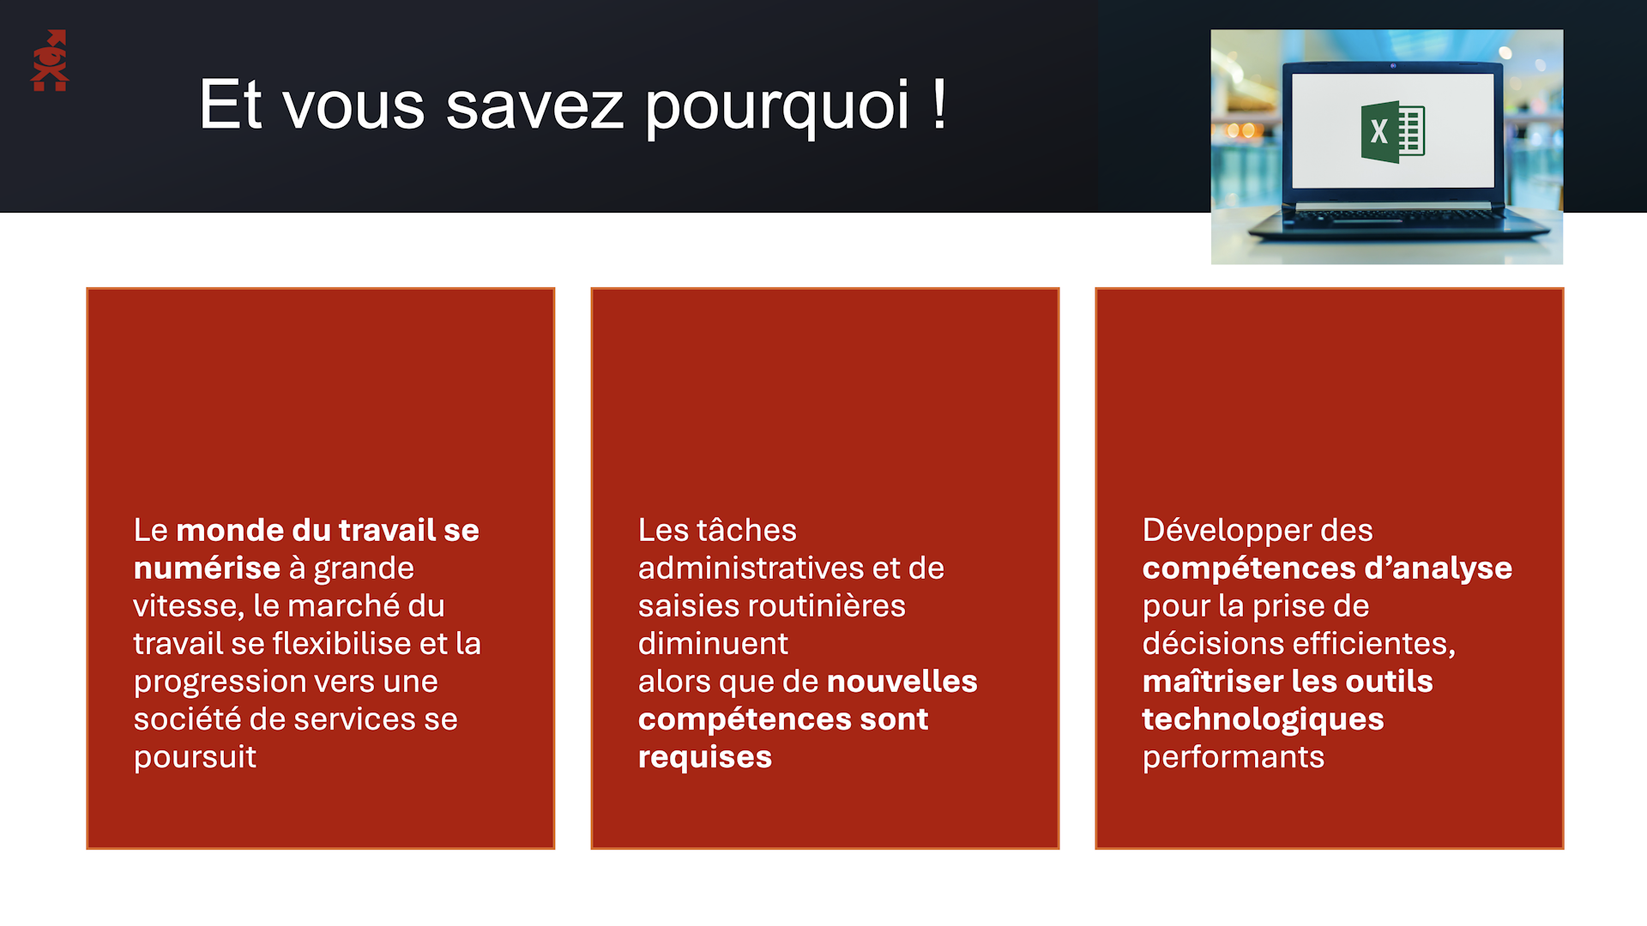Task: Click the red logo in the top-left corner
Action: tap(50, 61)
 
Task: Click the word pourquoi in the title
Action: tap(776, 106)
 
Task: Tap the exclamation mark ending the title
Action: tap(939, 103)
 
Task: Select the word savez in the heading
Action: tap(534, 106)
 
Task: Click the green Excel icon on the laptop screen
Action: tap(1392, 132)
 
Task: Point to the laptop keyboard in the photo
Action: tap(1398, 219)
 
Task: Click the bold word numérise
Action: tap(207, 568)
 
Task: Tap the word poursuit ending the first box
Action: tap(195, 758)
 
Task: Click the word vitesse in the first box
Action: tap(189, 606)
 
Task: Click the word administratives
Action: tap(751, 568)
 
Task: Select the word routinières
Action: tap(826, 605)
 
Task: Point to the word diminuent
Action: tap(713, 643)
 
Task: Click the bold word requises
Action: tap(705, 758)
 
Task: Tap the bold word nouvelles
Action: tap(902, 681)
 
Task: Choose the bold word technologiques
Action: tap(1263, 719)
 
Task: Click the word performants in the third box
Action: tap(1234, 758)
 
